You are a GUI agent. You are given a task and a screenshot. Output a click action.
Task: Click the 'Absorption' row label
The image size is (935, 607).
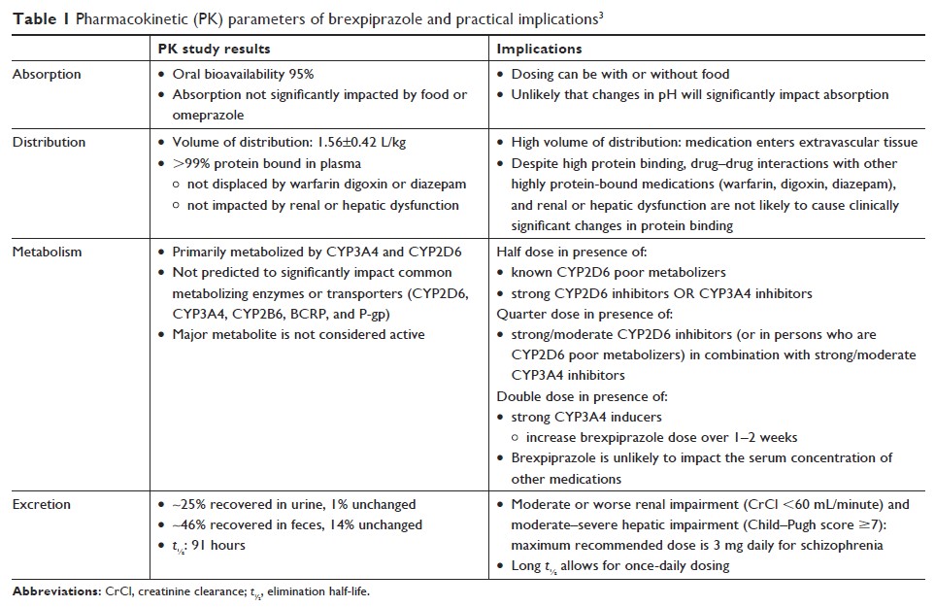(47, 74)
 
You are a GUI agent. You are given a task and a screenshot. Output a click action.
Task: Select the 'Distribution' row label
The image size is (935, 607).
(49, 142)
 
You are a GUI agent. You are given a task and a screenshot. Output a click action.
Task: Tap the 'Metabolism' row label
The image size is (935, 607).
(47, 252)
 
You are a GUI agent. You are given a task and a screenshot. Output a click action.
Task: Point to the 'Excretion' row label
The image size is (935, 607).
(43, 505)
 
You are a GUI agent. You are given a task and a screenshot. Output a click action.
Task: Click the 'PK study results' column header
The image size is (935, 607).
(215, 49)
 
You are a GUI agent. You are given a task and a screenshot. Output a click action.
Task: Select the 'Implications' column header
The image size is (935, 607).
(539, 49)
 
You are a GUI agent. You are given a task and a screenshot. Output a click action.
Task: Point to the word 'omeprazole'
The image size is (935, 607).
(208, 114)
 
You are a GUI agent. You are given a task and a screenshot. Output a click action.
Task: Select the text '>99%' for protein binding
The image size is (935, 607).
(189, 163)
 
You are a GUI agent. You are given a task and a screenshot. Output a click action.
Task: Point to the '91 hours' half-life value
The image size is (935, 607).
(220, 545)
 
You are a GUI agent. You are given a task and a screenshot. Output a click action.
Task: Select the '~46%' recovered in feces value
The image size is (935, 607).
(189, 524)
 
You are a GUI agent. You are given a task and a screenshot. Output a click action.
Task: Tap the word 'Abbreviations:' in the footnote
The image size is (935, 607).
(52, 591)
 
